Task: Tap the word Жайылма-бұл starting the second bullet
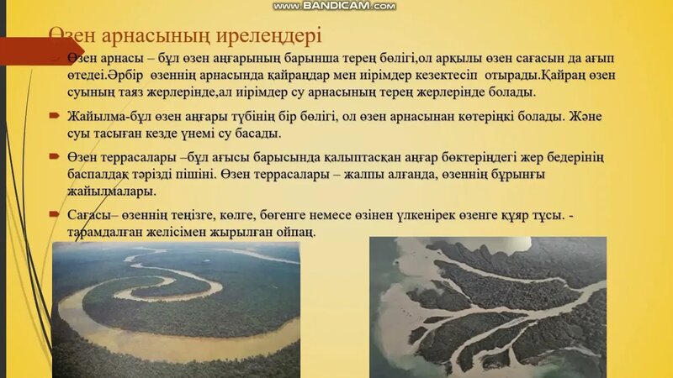point(104,117)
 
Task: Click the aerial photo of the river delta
point(487,306)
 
